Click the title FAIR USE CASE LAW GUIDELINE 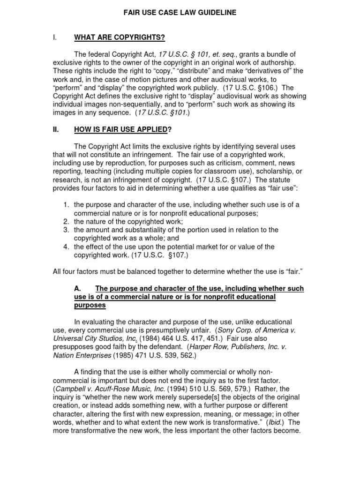(x=180, y=13)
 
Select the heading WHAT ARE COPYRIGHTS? (x=119, y=37)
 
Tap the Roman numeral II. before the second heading (x=57, y=129)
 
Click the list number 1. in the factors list (x=67, y=205)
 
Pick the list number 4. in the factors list (x=67, y=247)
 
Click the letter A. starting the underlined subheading (x=78, y=289)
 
